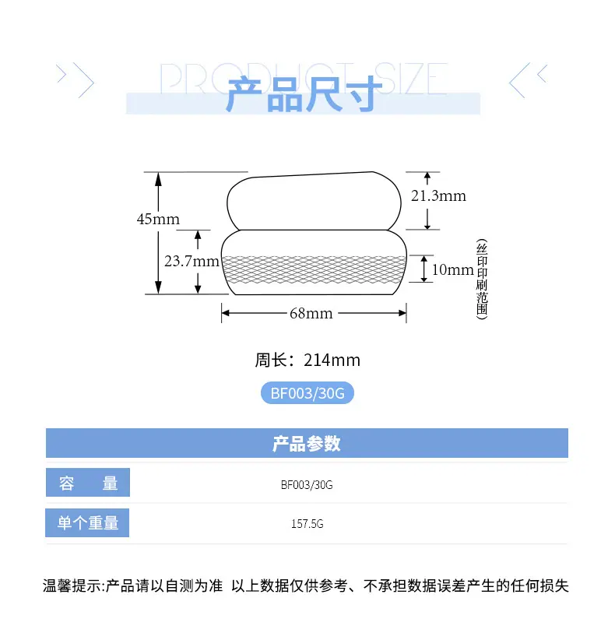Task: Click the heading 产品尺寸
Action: click(304, 95)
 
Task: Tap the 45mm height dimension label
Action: click(158, 219)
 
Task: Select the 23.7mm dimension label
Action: click(192, 262)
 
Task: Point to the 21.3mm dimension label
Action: click(438, 196)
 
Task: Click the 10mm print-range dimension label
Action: click(452, 270)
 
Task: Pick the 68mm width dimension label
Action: click(311, 314)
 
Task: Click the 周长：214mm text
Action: click(307, 360)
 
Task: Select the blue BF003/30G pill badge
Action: click(307, 393)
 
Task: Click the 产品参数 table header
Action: click(307, 444)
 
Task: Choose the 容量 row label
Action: click(88, 484)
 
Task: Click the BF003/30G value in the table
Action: click(307, 484)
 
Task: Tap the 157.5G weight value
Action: click(307, 524)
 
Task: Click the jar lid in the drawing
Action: click(314, 202)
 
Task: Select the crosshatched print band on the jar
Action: click(314, 269)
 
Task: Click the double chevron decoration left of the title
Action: click(76, 77)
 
